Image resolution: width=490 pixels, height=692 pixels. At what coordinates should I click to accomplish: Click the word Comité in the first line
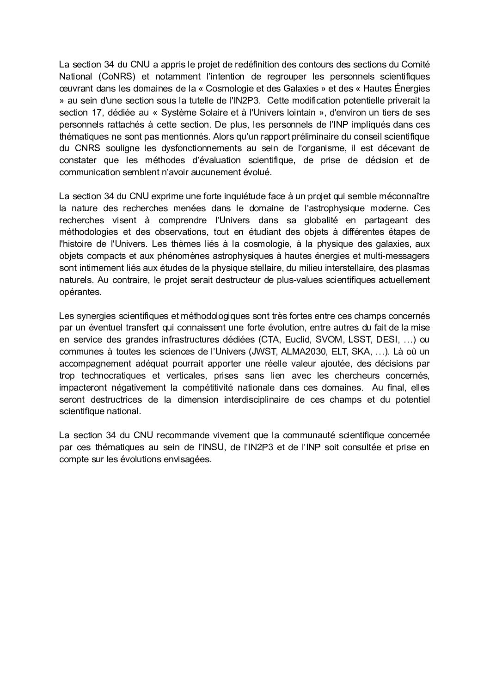click(x=416, y=64)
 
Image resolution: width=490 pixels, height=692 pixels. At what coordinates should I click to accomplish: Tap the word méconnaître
click(x=405, y=196)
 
